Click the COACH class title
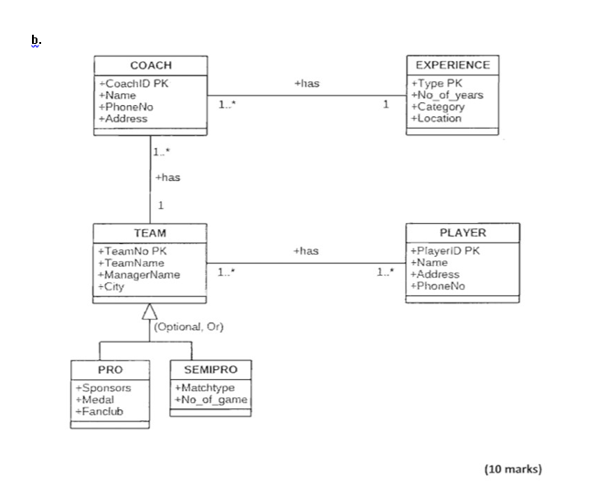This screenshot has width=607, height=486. [150, 66]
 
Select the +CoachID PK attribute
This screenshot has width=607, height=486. [133, 83]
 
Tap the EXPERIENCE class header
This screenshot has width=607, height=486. [452, 65]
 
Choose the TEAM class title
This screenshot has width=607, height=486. [150, 233]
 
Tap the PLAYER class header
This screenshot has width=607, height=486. [463, 233]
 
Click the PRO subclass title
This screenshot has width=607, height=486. [110, 370]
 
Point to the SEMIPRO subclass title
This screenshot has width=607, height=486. [210, 370]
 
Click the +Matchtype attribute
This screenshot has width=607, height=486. [204, 387]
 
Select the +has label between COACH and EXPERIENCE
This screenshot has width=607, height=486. [307, 83]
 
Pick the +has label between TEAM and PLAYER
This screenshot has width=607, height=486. [307, 250]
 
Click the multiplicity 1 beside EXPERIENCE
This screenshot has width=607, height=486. [385, 106]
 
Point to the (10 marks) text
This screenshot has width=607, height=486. [512, 469]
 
